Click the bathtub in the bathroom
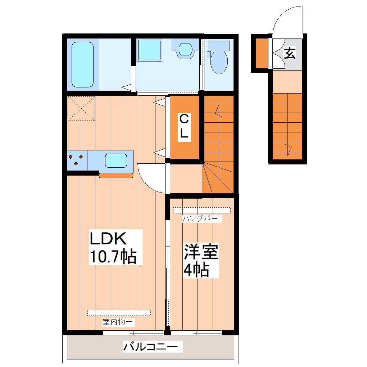tap(82, 64)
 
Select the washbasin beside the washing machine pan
tap(185, 49)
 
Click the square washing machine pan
tap(149, 50)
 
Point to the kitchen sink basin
tap(116, 160)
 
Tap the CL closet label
tap(184, 126)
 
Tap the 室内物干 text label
tap(119, 322)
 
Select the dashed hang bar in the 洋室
tap(201, 210)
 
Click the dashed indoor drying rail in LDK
tap(119, 312)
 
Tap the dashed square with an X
tap(81, 108)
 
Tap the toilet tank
tap(219, 45)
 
